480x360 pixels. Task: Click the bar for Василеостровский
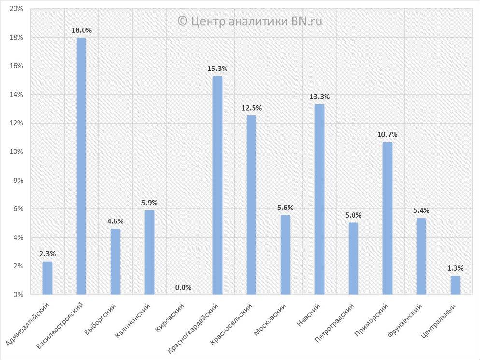[81, 166]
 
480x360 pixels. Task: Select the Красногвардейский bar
[217, 185]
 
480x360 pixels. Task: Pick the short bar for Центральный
[455, 285]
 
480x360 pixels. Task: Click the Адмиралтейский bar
[47, 278]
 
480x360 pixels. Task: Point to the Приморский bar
[387, 218]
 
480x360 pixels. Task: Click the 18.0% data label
[81, 30]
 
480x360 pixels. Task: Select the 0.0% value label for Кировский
[184, 288]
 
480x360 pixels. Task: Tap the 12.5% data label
[251, 108]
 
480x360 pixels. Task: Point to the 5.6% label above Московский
[285, 208]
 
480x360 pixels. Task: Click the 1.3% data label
[455, 268]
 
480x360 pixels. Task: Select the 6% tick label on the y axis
[18, 209]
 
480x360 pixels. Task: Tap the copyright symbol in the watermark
[182, 21]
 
